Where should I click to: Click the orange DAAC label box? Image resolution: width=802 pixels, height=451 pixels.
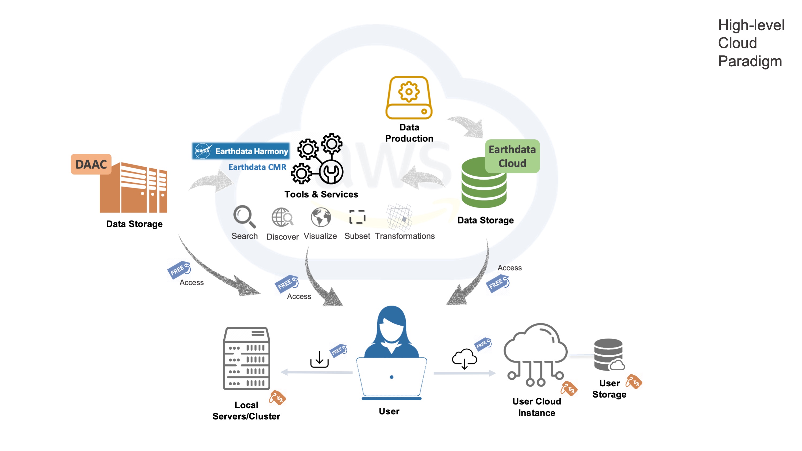pyautogui.click(x=91, y=164)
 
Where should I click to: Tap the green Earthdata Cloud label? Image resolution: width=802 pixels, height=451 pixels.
pyautogui.click(x=512, y=156)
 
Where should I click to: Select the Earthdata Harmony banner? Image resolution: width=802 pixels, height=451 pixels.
pyautogui.click(x=241, y=151)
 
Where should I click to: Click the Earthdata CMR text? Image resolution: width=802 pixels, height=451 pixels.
pyautogui.click(x=257, y=167)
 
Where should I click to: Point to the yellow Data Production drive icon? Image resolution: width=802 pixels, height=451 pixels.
pyautogui.click(x=409, y=98)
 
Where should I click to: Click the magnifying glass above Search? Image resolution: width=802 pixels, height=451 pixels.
pyautogui.click(x=244, y=216)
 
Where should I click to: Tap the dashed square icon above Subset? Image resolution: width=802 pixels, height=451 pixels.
pyautogui.click(x=357, y=217)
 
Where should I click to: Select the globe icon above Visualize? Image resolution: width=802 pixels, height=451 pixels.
pyautogui.click(x=321, y=217)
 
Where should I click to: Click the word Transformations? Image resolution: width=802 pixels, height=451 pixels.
pyautogui.click(x=404, y=236)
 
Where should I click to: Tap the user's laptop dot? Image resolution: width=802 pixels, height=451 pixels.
pyautogui.click(x=391, y=377)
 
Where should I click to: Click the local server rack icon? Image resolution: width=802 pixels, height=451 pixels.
pyautogui.click(x=247, y=358)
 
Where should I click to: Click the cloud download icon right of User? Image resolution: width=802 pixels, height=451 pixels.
pyautogui.click(x=464, y=359)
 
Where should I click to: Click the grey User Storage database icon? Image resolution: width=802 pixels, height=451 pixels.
pyautogui.click(x=609, y=354)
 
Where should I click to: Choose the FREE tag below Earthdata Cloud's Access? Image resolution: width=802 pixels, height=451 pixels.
pyautogui.click(x=497, y=283)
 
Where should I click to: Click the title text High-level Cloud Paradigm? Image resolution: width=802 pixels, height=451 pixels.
pyautogui.click(x=751, y=43)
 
